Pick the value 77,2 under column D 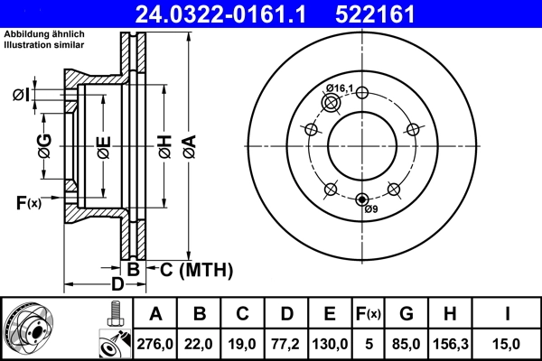click(287, 342)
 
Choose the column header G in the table click(406, 314)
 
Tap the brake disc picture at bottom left click(33, 330)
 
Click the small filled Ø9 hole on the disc click(362, 199)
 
